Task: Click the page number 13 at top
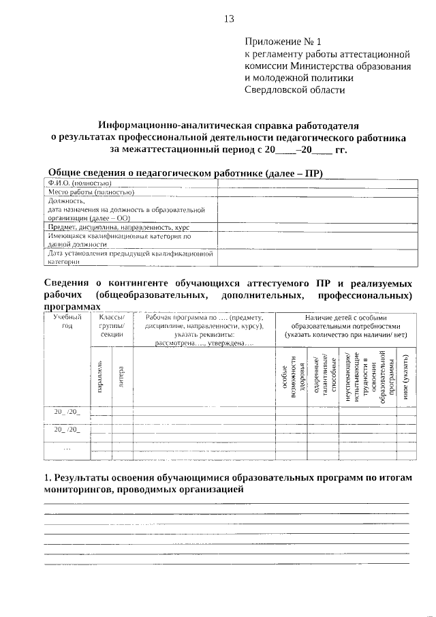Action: [228, 18]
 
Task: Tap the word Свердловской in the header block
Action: [283, 89]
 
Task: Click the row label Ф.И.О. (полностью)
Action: [80, 183]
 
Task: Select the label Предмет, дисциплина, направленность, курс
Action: [118, 226]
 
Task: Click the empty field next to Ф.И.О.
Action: [317, 183]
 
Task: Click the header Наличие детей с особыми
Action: [346, 317]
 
